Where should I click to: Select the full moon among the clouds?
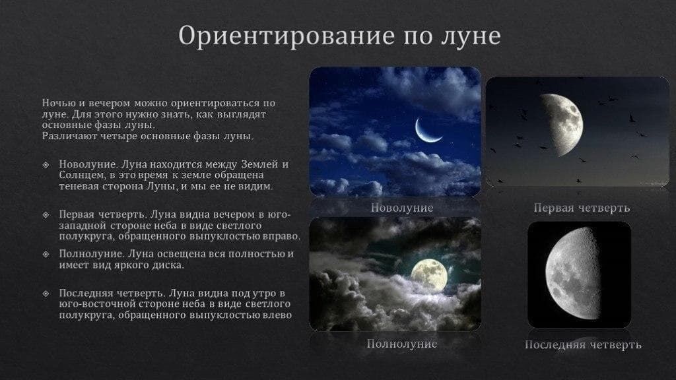(x=429, y=274)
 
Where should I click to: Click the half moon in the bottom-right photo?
(x=574, y=274)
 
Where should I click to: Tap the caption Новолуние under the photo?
(x=402, y=208)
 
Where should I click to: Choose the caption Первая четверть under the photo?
(x=582, y=208)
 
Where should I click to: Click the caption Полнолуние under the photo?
(x=402, y=344)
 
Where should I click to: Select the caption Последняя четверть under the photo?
(x=583, y=345)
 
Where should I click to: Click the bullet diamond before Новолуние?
(x=46, y=164)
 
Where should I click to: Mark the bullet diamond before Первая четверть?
(x=46, y=215)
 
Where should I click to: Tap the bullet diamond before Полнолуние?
(x=46, y=254)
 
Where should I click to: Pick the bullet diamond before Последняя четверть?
(x=46, y=293)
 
